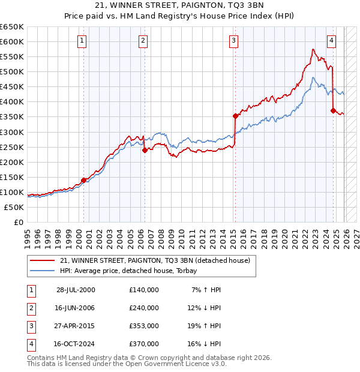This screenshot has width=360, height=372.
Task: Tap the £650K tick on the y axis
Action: [x=12, y=27]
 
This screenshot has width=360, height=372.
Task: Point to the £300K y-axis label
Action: [x=12, y=132]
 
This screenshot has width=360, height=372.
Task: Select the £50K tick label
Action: [x=14, y=207]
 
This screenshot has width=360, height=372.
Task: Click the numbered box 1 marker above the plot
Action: [x=82, y=41]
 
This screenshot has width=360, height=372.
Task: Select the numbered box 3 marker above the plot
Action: [x=233, y=41]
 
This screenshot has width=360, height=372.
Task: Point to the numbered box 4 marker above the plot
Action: [x=331, y=41]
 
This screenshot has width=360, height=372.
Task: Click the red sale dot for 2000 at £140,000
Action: [x=84, y=180]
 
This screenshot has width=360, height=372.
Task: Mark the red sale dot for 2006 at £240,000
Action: [x=145, y=150]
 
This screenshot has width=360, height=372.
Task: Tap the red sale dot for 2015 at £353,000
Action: [x=235, y=116]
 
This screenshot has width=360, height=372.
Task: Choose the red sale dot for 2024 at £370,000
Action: [x=333, y=110]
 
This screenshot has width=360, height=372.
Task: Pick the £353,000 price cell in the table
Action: [x=144, y=326]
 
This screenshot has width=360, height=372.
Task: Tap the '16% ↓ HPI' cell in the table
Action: [x=203, y=344]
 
